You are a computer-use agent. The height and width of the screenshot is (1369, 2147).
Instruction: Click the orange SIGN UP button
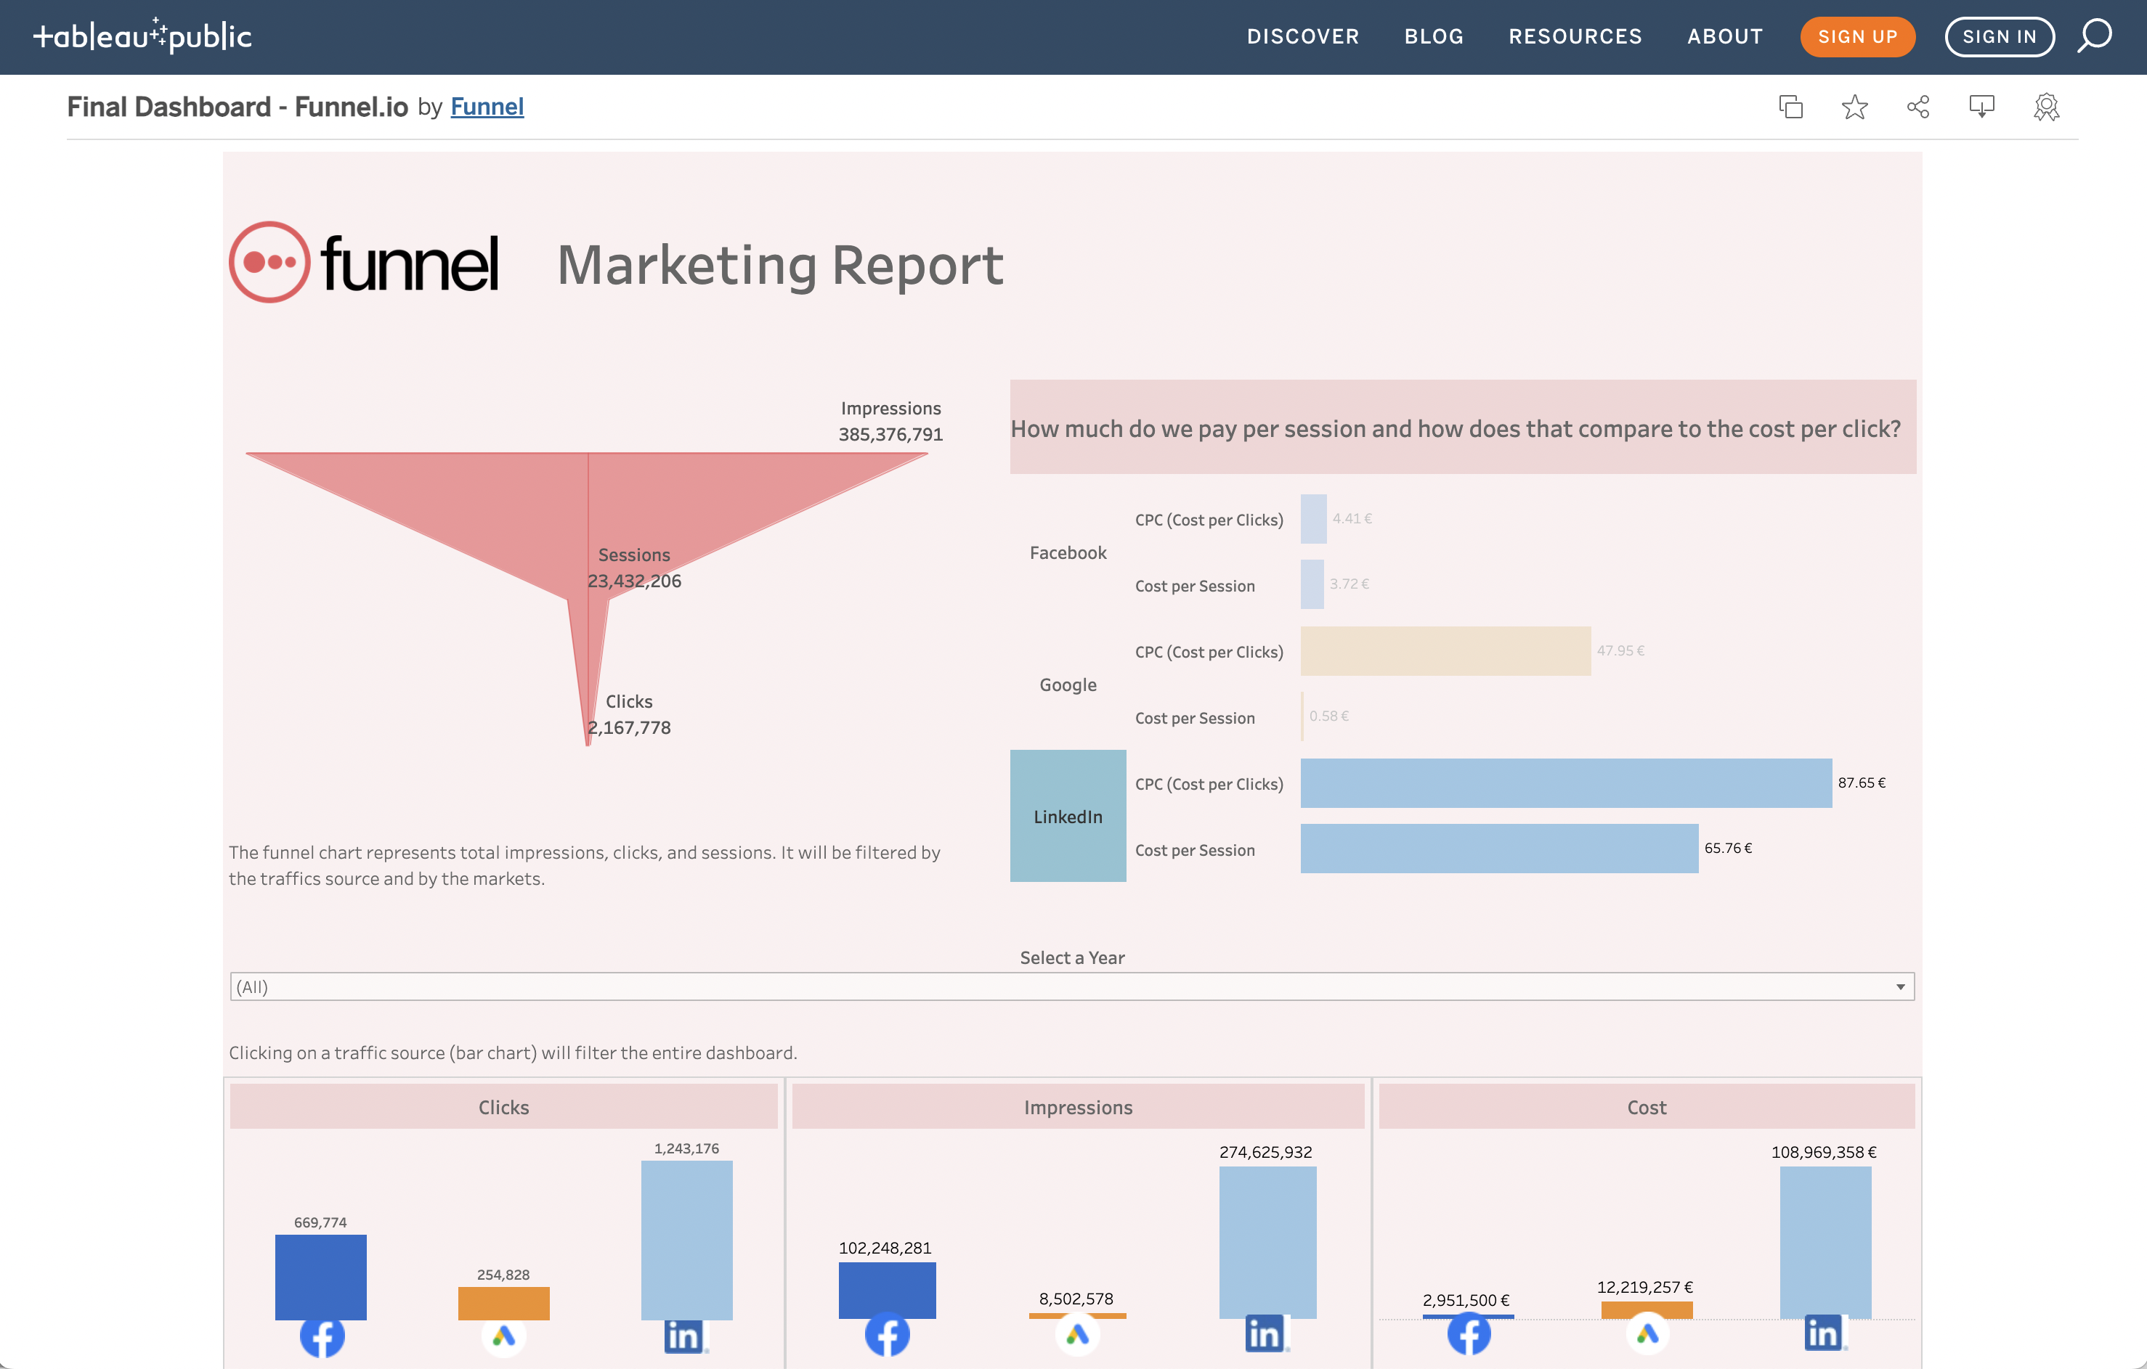(1857, 36)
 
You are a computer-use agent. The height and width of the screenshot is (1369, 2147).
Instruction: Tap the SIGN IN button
(1999, 36)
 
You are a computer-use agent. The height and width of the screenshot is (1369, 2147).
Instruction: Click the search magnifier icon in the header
(2095, 36)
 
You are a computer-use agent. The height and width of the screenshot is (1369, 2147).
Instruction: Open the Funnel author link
(487, 107)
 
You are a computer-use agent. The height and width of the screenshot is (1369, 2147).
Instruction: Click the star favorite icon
(1854, 107)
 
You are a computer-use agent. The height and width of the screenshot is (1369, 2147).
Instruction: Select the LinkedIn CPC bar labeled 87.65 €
(1566, 783)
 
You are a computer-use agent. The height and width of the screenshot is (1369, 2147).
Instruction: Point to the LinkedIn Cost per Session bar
(1499, 849)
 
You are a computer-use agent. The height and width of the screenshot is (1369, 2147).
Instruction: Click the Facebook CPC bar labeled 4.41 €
(1313, 519)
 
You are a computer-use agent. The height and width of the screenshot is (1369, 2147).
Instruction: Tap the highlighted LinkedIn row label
(1067, 817)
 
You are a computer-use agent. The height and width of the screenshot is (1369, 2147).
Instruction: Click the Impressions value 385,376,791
(890, 435)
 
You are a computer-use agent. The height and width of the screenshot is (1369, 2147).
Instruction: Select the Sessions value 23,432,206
(634, 581)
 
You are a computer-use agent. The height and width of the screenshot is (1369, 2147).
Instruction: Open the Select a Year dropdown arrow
(1900, 986)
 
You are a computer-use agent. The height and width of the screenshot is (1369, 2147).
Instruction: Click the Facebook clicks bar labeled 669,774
(320, 1276)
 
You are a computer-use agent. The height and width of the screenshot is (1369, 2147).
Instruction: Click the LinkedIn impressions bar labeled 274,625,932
(1267, 1241)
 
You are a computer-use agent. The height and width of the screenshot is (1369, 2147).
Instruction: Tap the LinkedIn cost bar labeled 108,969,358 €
(1825, 1241)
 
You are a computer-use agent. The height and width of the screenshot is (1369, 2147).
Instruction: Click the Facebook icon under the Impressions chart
(887, 1334)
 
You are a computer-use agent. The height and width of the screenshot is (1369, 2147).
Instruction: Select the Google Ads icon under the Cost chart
(1646, 1333)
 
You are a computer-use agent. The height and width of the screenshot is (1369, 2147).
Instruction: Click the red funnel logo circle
(269, 262)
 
